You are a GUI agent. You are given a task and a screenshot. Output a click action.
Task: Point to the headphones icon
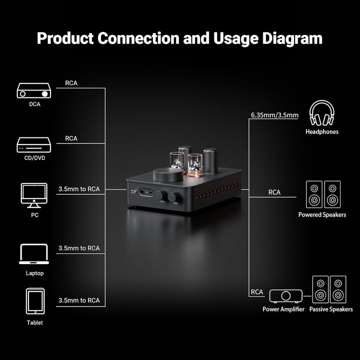[321, 113]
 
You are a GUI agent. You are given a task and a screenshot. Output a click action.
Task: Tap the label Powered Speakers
[322, 215]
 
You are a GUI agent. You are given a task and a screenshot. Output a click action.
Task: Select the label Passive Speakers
[331, 309]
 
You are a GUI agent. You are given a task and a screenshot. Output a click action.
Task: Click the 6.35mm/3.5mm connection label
[274, 115]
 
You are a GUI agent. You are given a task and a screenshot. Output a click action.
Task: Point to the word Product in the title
[65, 38]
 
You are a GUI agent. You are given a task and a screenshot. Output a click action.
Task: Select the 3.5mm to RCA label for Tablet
[79, 300]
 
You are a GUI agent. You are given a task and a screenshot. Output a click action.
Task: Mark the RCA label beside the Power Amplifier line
[257, 292]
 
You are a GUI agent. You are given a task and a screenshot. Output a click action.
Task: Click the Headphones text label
[321, 132]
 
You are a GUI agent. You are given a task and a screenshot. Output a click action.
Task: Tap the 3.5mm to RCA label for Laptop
[79, 248]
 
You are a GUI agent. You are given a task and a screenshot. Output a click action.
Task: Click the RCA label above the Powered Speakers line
[274, 192]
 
